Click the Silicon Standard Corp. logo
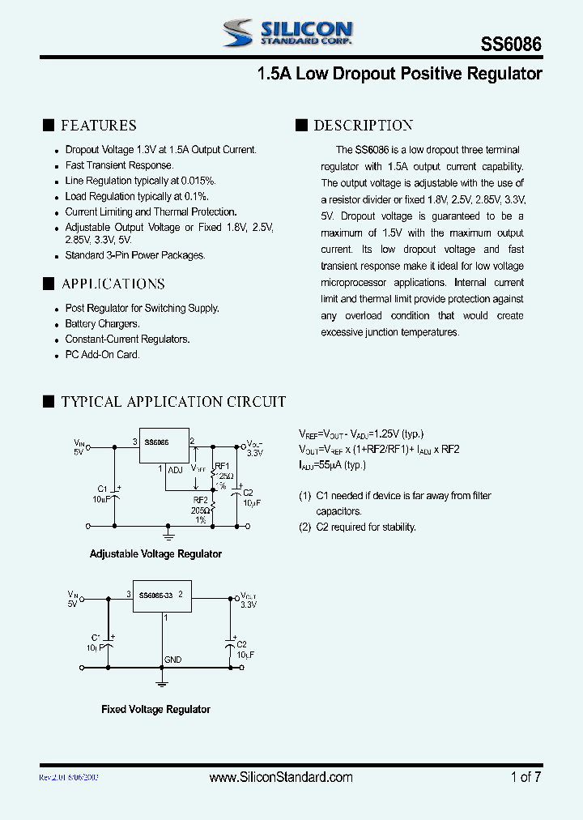click(x=287, y=32)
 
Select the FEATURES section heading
click(x=99, y=125)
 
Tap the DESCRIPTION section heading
click(x=363, y=125)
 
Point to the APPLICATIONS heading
click(x=113, y=284)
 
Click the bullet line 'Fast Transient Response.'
click(x=119, y=165)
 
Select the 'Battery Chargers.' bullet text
click(x=102, y=324)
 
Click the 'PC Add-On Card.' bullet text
click(x=102, y=355)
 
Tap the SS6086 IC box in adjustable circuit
click(x=164, y=445)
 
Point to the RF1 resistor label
click(x=221, y=466)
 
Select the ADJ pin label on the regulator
click(x=176, y=469)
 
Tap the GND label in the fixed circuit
click(x=173, y=660)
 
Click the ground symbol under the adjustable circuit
click(x=168, y=535)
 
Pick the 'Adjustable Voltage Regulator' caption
click(x=155, y=554)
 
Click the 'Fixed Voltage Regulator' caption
click(x=155, y=709)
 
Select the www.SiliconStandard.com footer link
click(x=281, y=777)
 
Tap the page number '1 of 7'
click(x=526, y=777)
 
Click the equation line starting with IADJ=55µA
click(x=332, y=464)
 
